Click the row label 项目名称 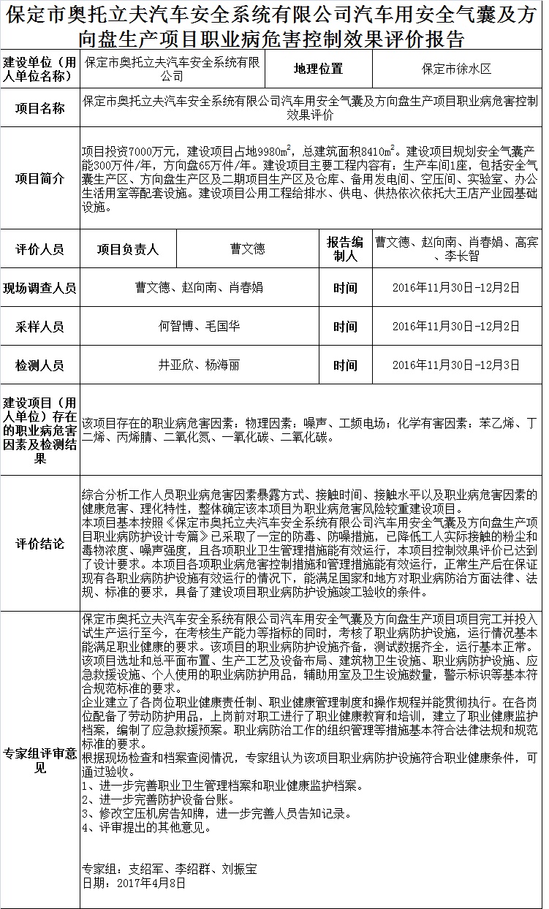(40, 108)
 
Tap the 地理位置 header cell (318, 69)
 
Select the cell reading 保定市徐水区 (456, 69)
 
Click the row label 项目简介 (40, 178)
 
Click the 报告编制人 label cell (345, 249)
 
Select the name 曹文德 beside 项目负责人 (248, 249)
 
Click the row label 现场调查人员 (40, 287)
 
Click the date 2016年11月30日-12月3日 (456, 365)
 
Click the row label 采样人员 (40, 326)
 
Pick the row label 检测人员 (40, 365)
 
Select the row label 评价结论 (40, 544)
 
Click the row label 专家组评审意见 (40, 761)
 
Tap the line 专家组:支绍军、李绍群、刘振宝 (170, 870)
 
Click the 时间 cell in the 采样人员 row (345, 326)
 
